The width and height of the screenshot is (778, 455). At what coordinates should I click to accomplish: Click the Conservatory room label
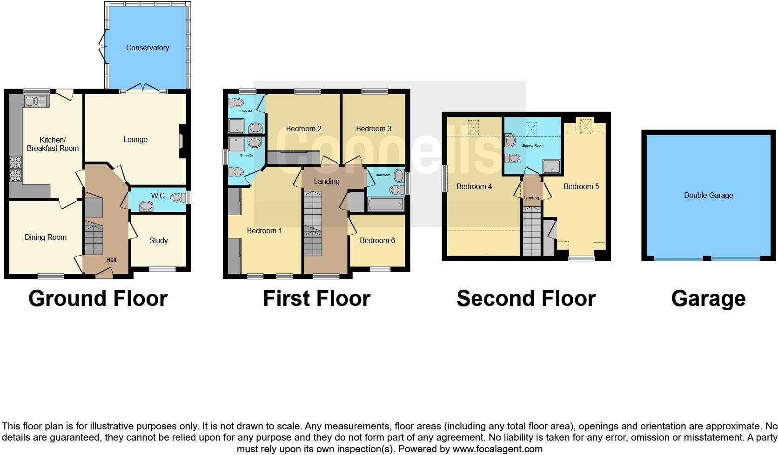(x=148, y=48)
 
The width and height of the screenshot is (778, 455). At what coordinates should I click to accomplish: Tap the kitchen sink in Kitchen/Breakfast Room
(x=36, y=101)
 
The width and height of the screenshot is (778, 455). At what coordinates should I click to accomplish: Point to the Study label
(x=158, y=241)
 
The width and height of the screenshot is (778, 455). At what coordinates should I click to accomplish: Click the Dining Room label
(x=46, y=238)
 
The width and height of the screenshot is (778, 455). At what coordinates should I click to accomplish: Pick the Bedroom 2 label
(x=303, y=129)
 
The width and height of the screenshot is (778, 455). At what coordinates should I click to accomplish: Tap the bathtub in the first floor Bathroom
(x=386, y=204)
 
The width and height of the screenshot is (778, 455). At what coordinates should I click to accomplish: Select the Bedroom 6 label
(x=377, y=241)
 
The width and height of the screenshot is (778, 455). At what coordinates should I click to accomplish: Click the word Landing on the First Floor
(x=327, y=182)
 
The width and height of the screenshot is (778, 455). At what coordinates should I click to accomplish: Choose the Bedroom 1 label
(x=264, y=231)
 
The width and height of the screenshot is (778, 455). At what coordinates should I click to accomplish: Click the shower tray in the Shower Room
(x=552, y=166)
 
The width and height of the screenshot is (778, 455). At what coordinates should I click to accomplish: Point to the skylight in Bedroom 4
(x=473, y=127)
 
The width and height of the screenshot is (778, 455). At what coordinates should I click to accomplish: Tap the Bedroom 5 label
(x=581, y=187)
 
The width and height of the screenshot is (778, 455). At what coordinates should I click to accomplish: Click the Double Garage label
(x=708, y=196)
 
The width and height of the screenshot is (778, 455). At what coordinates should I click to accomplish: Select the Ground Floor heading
(x=98, y=299)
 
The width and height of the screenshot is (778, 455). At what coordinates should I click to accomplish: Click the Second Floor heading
(x=526, y=299)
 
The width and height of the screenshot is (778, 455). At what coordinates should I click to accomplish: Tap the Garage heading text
(x=708, y=299)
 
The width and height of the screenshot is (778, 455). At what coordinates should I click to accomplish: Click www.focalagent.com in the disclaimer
(x=497, y=449)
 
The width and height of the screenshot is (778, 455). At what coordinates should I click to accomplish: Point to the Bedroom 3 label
(x=374, y=129)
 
